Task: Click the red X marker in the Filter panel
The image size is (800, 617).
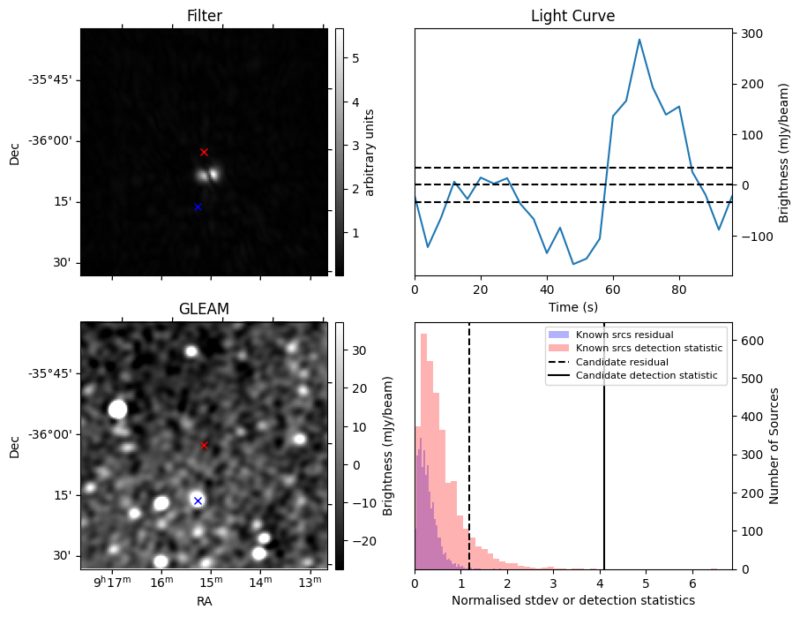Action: tap(204, 152)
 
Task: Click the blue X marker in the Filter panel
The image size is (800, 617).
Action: tap(198, 207)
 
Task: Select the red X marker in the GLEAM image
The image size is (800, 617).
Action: tap(204, 445)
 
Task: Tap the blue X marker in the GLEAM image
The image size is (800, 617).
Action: tap(198, 500)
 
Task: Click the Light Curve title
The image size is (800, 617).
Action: tap(572, 16)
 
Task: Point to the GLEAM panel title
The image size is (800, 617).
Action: tap(204, 309)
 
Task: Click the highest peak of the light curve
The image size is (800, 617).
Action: tap(639, 40)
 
